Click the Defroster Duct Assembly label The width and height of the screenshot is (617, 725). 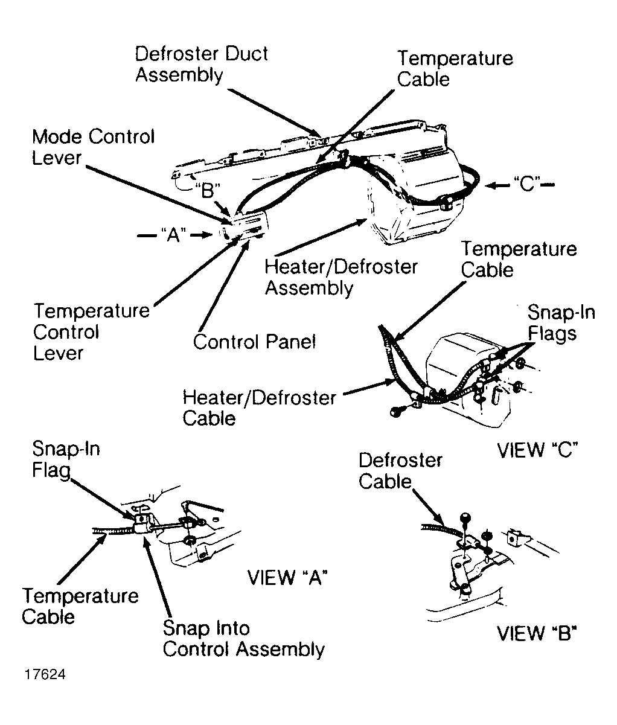pyautogui.click(x=202, y=64)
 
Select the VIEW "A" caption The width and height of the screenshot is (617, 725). pyautogui.click(x=287, y=577)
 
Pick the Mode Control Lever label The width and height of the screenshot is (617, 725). pyautogui.click(x=94, y=147)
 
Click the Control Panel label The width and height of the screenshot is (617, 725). pyautogui.click(x=254, y=342)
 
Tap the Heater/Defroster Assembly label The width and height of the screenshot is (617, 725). pyautogui.click(x=341, y=278)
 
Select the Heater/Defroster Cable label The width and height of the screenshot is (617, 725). pyautogui.click(x=259, y=408)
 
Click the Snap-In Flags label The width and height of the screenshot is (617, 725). pyautogui.click(x=561, y=322)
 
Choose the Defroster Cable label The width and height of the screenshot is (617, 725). pyautogui.click(x=400, y=471)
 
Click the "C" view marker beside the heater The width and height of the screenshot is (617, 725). pyautogui.click(x=526, y=184)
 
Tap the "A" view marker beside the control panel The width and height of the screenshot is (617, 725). pyautogui.click(x=173, y=235)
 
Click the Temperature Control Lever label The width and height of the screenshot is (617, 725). pyautogui.click(x=91, y=331)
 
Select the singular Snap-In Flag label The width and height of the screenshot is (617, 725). pyautogui.click(x=66, y=459)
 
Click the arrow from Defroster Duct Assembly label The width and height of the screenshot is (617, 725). pyautogui.click(x=274, y=113)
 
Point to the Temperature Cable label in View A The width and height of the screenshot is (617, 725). pyautogui.click(x=80, y=607)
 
